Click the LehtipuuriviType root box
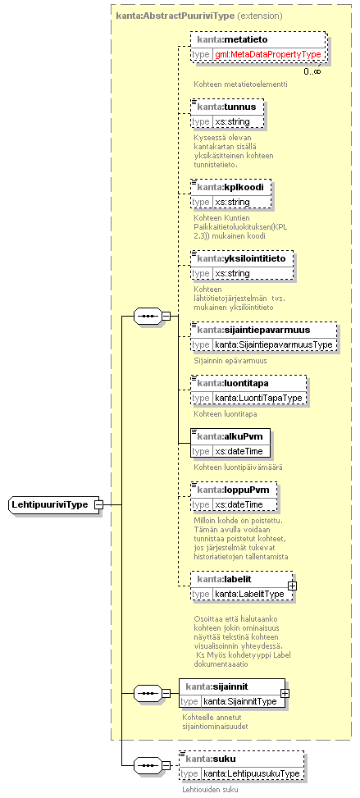53,505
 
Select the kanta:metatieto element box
257,47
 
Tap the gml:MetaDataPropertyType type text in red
269,54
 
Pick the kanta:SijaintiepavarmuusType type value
274,344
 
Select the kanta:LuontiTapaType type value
258,398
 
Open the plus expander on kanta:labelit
292,586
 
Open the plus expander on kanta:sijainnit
285,693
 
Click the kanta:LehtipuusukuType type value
252,773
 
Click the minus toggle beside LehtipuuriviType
98,505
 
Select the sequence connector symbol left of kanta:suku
148,765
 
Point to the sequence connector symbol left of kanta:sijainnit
148,693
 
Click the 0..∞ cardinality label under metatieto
312,71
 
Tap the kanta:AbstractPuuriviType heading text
175,16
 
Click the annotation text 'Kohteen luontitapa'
225,413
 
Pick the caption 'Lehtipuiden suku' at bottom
210,790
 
